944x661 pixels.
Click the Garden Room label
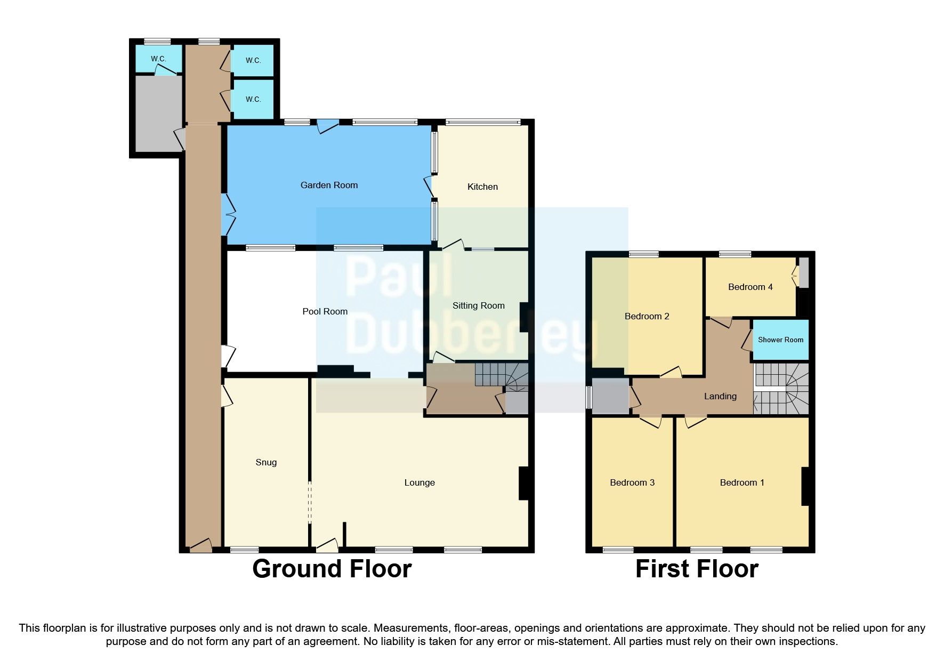coord(329,185)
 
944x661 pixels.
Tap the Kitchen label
coord(482,187)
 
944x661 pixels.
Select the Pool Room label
coord(325,311)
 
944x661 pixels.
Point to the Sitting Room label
coord(478,305)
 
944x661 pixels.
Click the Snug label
coord(266,462)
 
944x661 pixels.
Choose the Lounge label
coord(419,482)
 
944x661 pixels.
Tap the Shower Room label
coord(780,340)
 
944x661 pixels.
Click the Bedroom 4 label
coord(750,287)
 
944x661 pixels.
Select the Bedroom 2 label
coord(647,316)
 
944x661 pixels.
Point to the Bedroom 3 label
coord(632,482)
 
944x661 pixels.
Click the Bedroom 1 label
coord(742,482)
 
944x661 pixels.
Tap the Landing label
coord(720,396)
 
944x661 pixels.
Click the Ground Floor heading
coord(332,569)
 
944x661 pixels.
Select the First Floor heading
coord(697,569)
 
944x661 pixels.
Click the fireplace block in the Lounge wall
coord(523,483)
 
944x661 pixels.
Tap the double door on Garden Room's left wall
coord(228,214)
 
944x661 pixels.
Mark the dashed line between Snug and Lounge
coord(310,503)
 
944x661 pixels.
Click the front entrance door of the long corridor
coord(200,545)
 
